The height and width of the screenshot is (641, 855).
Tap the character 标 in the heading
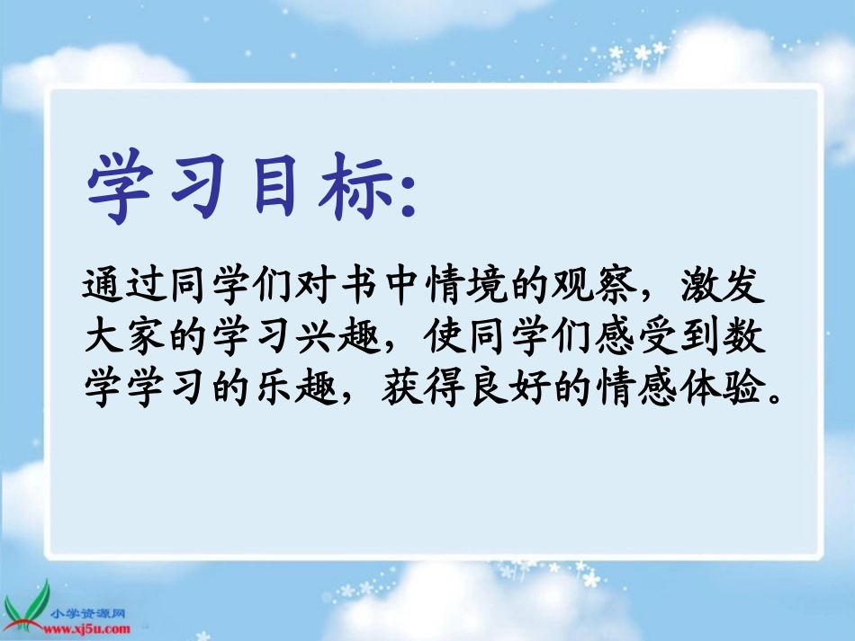click(x=341, y=188)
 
